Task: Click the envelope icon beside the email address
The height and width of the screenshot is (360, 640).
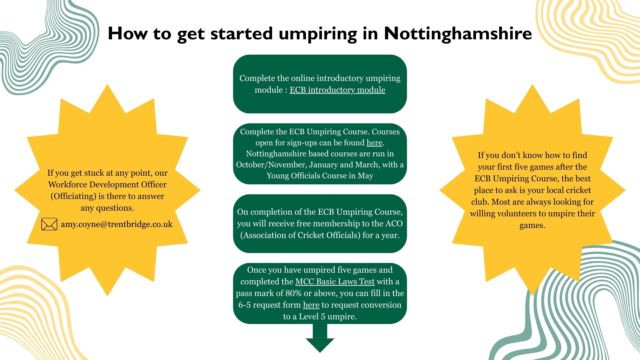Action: click(x=49, y=224)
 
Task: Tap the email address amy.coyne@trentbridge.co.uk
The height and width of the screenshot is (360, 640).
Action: click(x=116, y=224)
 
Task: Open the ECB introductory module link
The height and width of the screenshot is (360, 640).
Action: click(x=337, y=90)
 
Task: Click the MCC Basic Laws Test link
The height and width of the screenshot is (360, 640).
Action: click(x=335, y=282)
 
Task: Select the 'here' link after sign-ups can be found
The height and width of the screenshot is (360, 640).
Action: click(x=374, y=143)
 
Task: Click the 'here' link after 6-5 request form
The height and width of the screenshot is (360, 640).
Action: click(x=311, y=305)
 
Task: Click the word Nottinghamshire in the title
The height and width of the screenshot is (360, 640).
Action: click(x=458, y=33)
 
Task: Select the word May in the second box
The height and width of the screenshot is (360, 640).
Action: click(x=365, y=176)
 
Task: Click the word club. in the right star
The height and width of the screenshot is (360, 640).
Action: click(x=480, y=202)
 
